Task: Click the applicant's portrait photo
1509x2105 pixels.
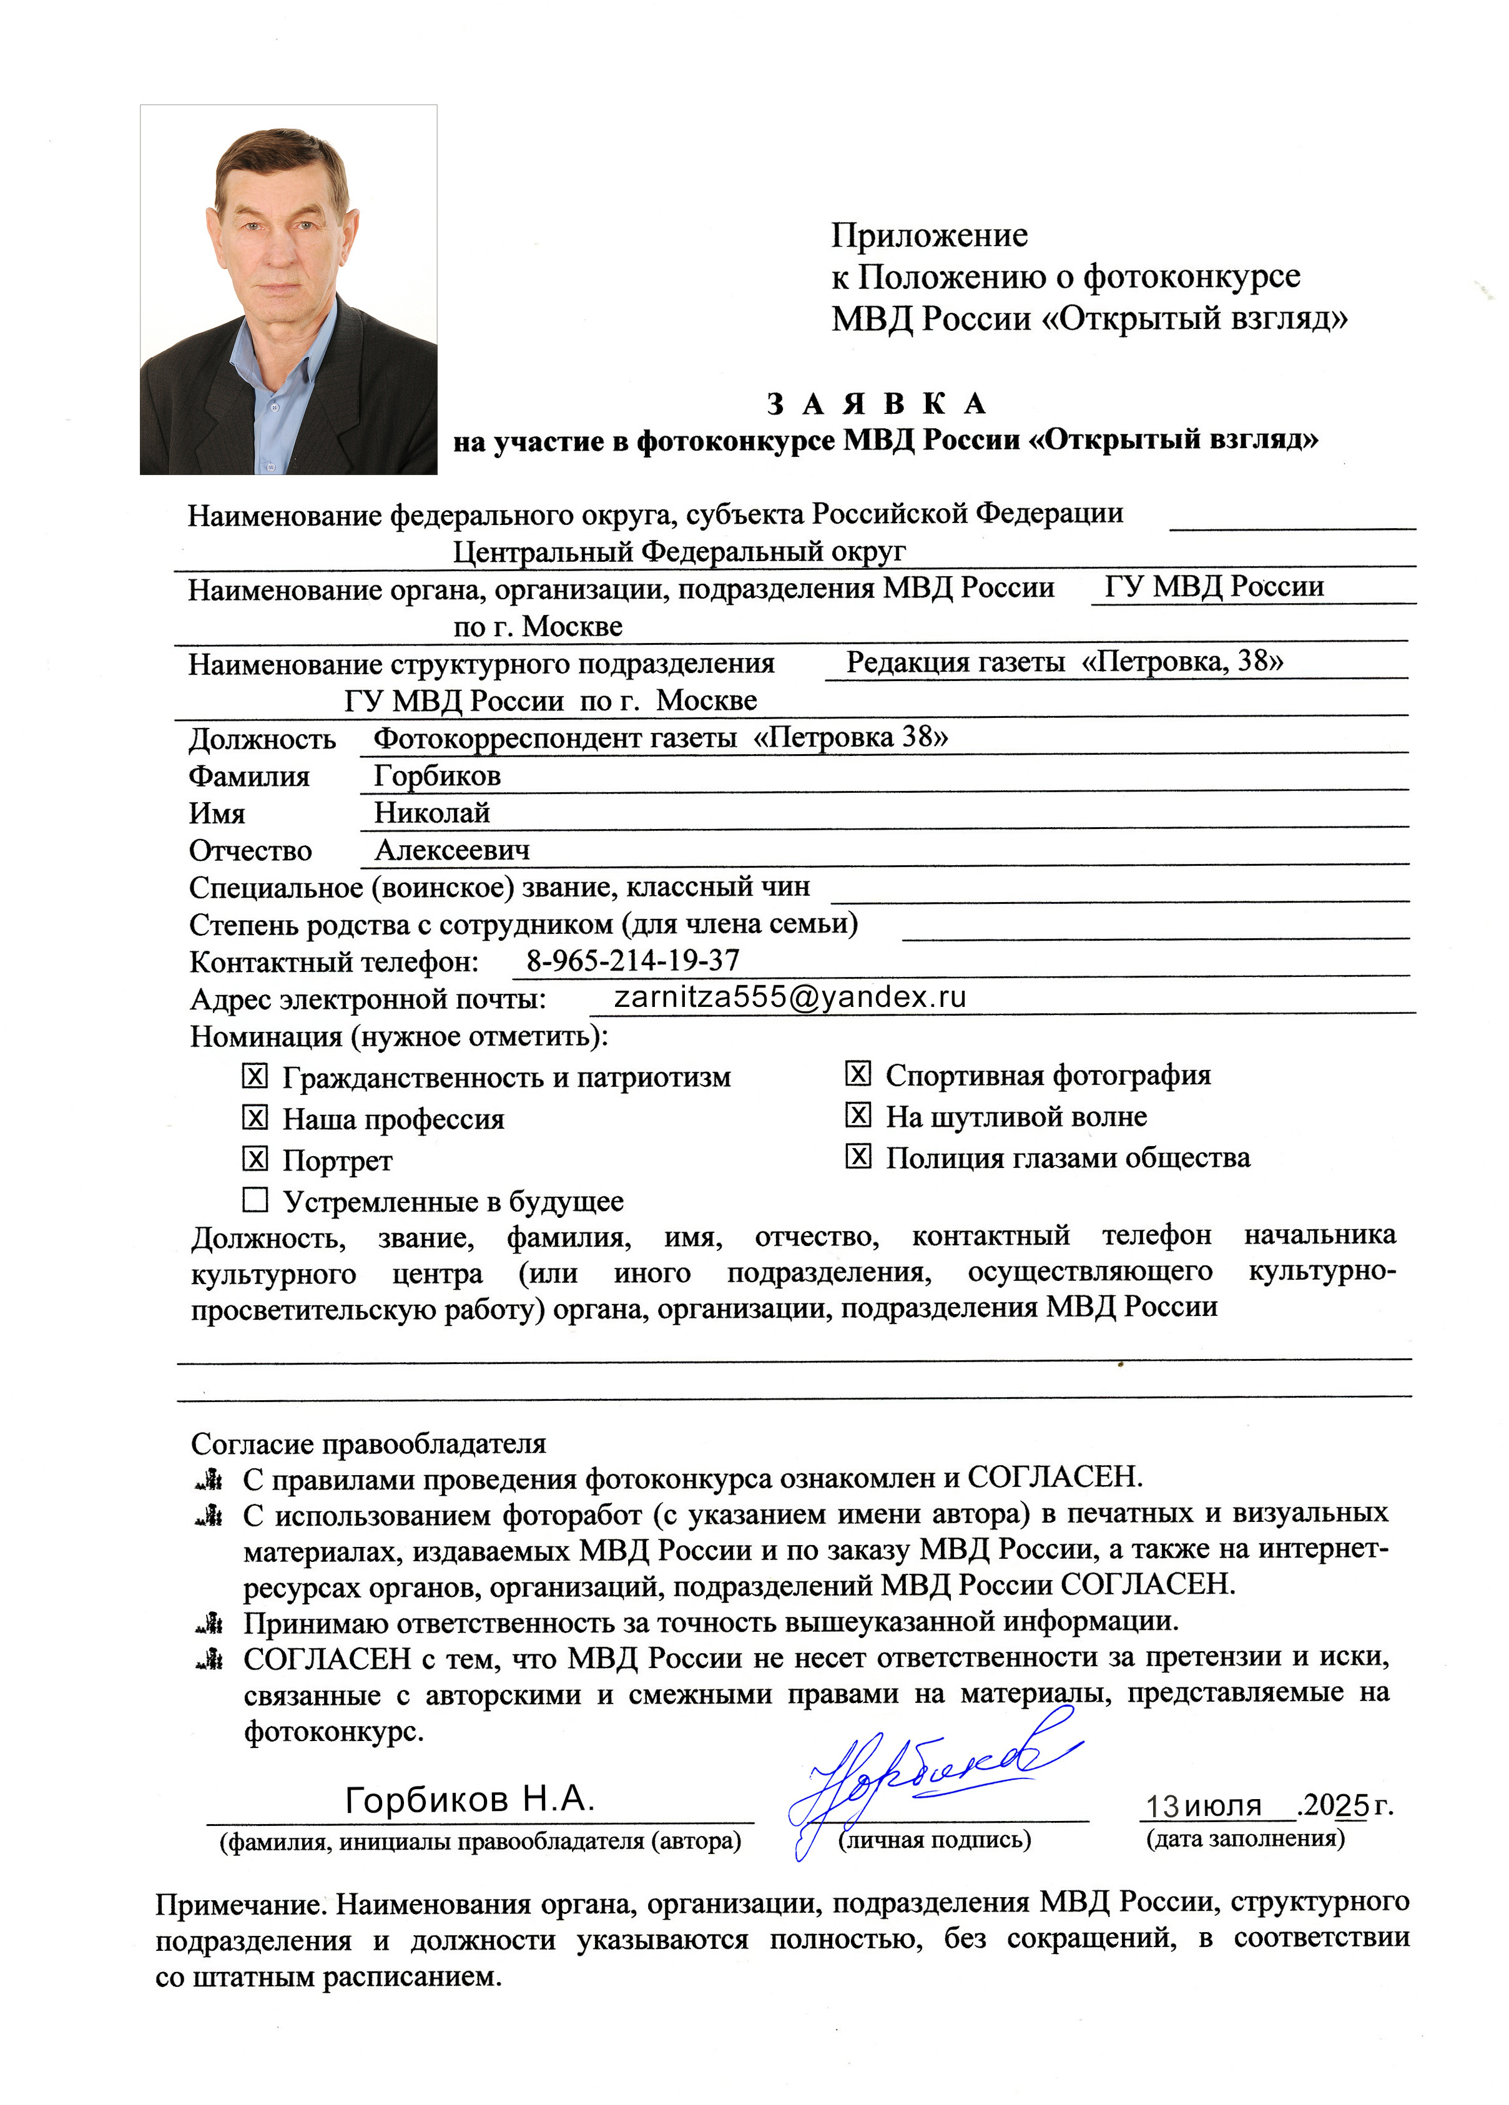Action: pyautogui.click(x=288, y=290)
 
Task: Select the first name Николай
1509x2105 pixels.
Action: pyautogui.click(x=431, y=812)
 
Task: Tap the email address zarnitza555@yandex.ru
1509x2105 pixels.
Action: pyautogui.click(x=790, y=997)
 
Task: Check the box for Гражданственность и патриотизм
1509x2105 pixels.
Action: pyautogui.click(x=254, y=1076)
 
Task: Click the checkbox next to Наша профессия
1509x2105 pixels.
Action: pyautogui.click(x=254, y=1117)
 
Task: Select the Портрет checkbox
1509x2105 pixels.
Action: pyautogui.click(x=254, y=1158)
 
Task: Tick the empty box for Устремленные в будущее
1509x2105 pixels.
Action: pyautogui.click(x=254, y=1200)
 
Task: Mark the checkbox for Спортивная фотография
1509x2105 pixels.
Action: pyautogui.click(x=857, y=1074)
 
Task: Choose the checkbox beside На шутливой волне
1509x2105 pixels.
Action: pyautogui.click(x=857, y=1115)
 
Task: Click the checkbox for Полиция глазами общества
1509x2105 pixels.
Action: pyautogui.click(x=857, y=1157)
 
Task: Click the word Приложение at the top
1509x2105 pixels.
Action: pyautogui.click(x=929, y=236)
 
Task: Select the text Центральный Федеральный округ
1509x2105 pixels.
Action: pyautogui.click(x=679, y=552)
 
